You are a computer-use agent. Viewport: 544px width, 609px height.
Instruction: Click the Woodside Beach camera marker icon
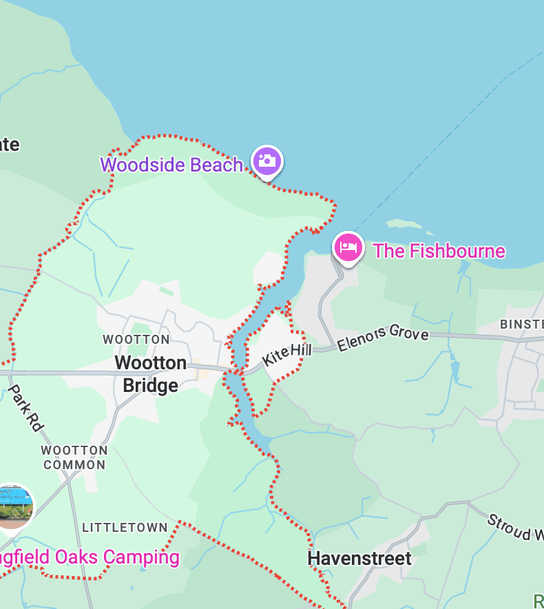click(266, 161)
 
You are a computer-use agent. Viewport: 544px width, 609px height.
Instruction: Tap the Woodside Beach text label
click(171, 165)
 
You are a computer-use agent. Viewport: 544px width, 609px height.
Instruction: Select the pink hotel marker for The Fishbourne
click(348, 247)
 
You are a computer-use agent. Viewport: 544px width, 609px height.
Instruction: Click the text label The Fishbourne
click(439, 251)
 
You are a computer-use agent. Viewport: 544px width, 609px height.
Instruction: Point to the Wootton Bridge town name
click(150, 374)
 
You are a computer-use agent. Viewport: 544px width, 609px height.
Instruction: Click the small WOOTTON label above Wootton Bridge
click(136, 340)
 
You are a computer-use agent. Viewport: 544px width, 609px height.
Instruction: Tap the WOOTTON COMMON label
click(74, 457)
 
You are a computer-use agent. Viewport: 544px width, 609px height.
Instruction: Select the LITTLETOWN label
click(125, 528)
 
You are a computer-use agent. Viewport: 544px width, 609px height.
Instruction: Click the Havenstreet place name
click(359, 558)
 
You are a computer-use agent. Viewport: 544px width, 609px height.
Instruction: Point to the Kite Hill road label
click(286, 356)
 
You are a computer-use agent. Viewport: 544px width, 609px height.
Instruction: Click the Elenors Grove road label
click(383, 338)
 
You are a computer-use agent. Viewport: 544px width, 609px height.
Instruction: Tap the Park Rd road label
click(27, 408)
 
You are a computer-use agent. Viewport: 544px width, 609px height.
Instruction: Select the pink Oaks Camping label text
click(90, 557)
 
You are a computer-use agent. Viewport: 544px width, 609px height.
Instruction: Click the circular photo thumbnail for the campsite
click(14, 507)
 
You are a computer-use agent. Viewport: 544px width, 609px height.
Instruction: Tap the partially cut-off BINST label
click(521, 324)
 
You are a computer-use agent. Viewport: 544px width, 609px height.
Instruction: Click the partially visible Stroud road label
click(514, 527)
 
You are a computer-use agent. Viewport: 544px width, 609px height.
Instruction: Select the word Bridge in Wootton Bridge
click(150, 386)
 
